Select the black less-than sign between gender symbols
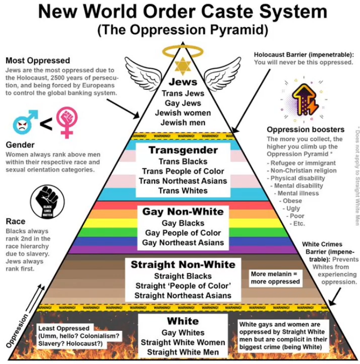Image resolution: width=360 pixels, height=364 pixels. (x=45, y=124)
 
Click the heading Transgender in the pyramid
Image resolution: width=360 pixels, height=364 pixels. (x=183, y=150)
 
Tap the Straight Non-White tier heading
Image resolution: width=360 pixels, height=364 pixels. (x=183, y=265)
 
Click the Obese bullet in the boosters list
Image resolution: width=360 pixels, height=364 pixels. (x=292, y=200)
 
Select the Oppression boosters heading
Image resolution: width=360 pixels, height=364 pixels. (x=305, y=130)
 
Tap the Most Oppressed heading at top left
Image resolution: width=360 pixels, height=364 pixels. (x=38, y=61)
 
